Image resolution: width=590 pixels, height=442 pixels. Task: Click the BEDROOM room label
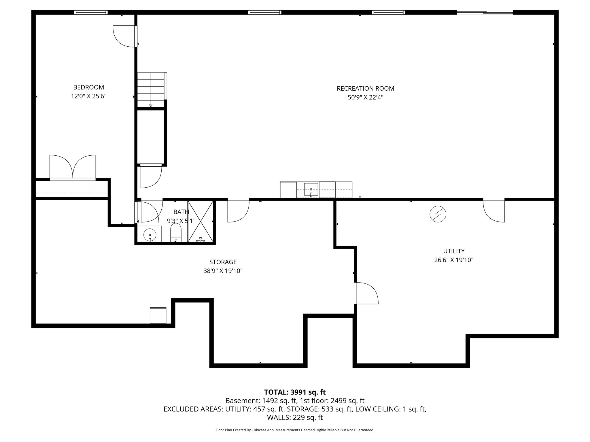(x=88, y=87)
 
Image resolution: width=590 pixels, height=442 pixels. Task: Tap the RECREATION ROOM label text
(x=365, y=89)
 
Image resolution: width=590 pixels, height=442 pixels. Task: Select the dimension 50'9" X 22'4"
(x=365, y=98)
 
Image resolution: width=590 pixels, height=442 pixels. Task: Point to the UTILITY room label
(x=454, y=251)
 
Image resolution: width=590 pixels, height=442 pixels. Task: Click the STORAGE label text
(x=223, y=262)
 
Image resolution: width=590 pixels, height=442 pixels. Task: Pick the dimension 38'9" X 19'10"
(x=223, y=271)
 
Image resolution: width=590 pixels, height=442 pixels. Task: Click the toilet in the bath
(x=176, y=233)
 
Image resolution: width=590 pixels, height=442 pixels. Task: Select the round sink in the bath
(x=150, y=235)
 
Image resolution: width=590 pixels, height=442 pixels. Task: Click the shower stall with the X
(x=201, y=221)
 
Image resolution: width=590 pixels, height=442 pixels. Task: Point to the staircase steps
(x=150, y=89)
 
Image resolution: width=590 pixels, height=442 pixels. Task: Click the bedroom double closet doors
(x=73, y=167)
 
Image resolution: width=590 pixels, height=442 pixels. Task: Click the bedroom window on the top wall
(x=91, y=12)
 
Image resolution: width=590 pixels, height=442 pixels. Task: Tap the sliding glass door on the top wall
(x=485, y=12)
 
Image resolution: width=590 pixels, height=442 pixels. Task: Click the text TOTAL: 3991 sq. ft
(x=295, y=392)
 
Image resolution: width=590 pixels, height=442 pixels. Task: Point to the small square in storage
(x=158, y=315)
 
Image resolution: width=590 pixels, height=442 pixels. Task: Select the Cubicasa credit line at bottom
(x=295, y=430)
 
